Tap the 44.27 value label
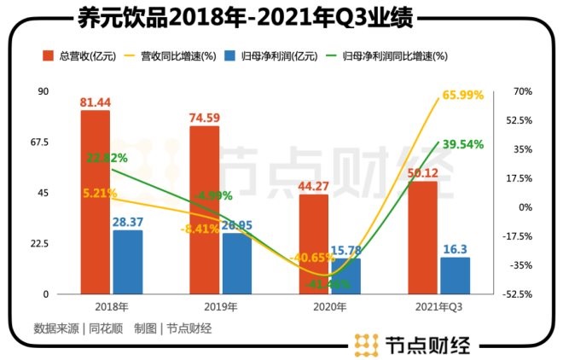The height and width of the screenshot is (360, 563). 314,186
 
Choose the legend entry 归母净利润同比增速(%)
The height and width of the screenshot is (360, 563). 392,56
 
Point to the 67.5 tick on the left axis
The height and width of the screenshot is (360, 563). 39,142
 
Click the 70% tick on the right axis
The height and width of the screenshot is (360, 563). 523,91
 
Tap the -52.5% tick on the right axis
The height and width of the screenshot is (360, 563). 518,294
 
